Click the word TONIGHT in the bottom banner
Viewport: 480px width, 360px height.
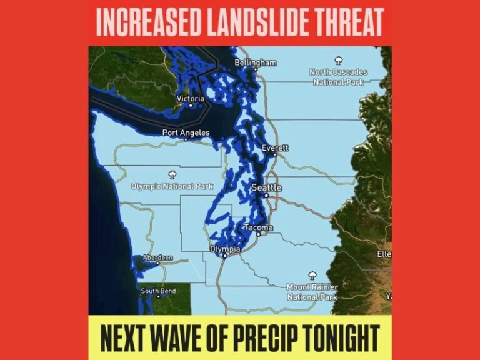click(x=346, y=338)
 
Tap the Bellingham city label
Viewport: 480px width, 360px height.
click(x=255, y=63)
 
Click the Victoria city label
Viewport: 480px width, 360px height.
click(x=191, y=99)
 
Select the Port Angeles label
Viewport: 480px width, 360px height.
click(x=186, y=132)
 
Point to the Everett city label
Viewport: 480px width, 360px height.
click(x=276, y=148)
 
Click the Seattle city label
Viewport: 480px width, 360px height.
click(x=266, y=187)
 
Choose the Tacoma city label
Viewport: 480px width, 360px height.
click(x=258, y=227)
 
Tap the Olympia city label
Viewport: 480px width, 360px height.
click(x=225, y=249)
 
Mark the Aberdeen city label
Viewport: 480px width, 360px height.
click(x=157, y=257)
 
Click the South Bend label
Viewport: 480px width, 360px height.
click(x=157, y=291)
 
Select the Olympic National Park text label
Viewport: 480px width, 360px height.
click(x=172, y=186)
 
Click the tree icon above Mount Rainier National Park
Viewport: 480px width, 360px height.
click(x=312, y=275)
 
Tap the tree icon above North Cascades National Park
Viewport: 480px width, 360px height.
click(x=339, y=61)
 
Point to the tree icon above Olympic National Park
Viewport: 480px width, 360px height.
click(x=172, y=174)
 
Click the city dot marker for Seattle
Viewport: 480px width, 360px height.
click(x=267, y=196)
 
